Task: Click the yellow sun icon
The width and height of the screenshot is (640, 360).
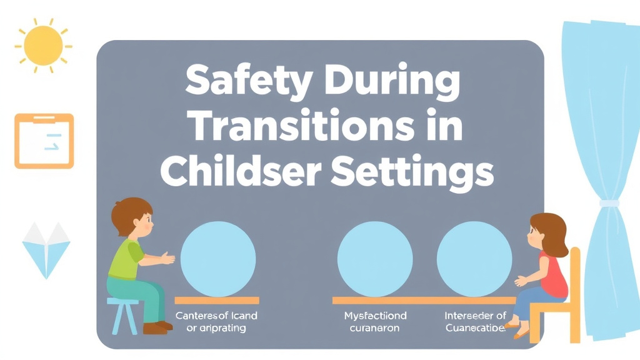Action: point(42,45)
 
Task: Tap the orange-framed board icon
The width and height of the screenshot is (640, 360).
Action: point(44,141)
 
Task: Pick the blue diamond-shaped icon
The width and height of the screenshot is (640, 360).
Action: point(46,249)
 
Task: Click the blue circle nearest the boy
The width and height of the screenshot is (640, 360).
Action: point(218,259)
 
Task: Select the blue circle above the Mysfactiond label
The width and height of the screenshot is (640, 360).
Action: point(374,259)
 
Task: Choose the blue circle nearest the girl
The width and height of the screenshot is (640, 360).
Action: point(474,259)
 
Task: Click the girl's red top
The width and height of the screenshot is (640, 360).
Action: point(552,275)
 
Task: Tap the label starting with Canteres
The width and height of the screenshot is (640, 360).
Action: point(216,321)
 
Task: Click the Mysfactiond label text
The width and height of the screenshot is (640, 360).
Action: point(375,321)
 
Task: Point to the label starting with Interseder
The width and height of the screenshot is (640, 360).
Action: point(475,321)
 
